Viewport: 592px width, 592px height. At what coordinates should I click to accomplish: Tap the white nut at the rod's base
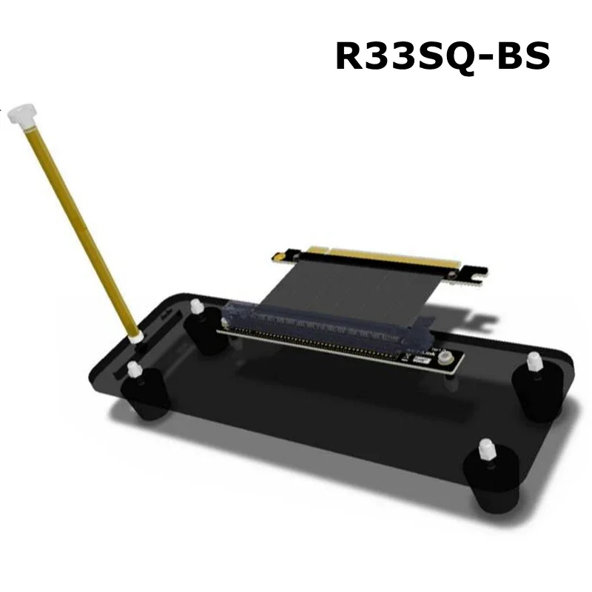click(x=135, y=337)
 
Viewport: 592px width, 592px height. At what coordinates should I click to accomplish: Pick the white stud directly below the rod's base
click(x=134, y=369)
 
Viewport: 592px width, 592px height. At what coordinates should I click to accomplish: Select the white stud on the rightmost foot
click(x=534, y=363)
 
